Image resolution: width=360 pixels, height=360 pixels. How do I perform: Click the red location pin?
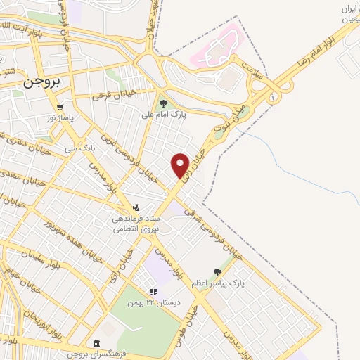point(180,165)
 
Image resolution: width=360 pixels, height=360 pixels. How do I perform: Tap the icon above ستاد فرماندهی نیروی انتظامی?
point(137,207)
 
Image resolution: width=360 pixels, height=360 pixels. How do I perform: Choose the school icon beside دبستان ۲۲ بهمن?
point(153,292)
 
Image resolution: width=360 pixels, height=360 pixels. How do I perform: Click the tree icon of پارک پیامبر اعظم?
point(217,272)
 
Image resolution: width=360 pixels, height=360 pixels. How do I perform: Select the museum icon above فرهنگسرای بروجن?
point(96,342)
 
